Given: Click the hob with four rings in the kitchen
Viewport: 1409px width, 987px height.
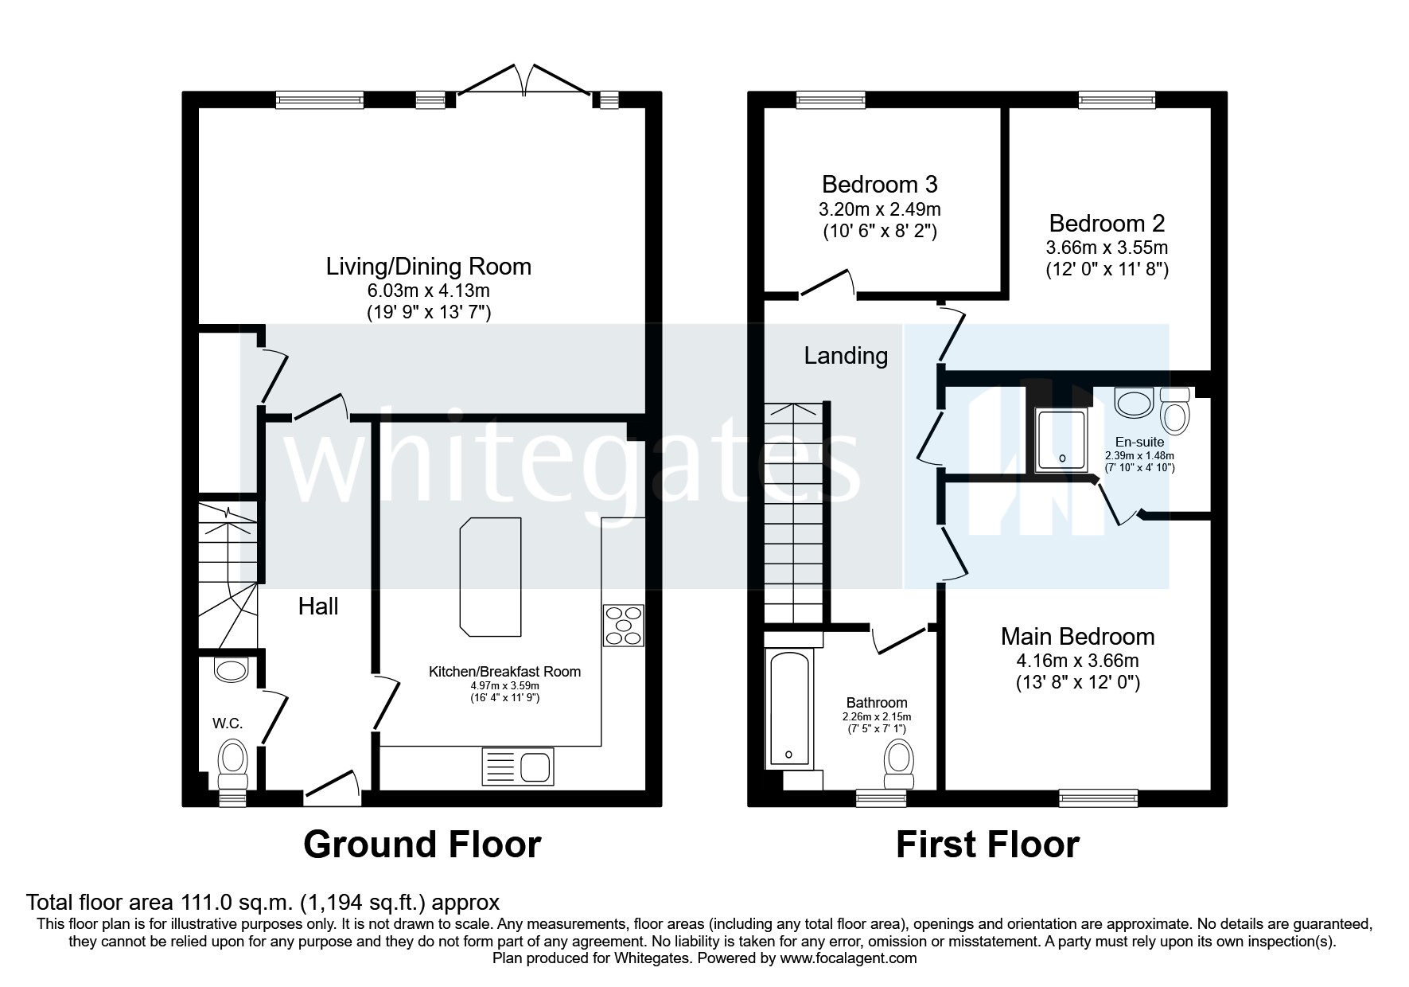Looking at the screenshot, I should point(624,626).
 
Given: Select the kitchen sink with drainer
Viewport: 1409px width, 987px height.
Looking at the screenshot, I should point(517,768).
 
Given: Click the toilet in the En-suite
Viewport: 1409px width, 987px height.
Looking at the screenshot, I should point(1174,409).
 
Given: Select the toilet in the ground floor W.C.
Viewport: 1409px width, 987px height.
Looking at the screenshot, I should point(233,759).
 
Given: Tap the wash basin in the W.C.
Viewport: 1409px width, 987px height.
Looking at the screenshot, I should point(232,670).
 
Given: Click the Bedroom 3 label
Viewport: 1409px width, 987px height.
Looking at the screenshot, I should point(879,185).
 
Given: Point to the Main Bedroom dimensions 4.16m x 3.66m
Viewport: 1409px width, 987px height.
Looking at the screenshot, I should point(1077,661).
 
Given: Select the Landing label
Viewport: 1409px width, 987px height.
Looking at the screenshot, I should point(845,355).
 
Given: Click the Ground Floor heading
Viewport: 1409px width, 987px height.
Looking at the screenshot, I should point(422,845).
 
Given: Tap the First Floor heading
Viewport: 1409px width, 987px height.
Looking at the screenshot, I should point(987,845).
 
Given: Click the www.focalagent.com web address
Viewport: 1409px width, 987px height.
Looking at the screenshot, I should point(848,958).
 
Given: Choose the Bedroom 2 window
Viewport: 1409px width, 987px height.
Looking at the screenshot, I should point(1116,99).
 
